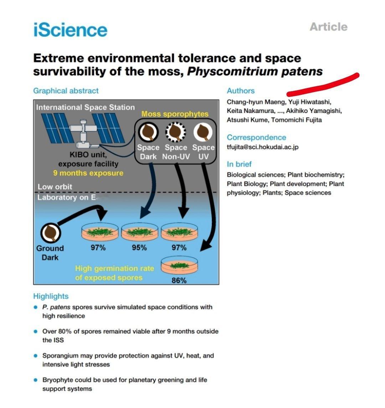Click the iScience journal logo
point(70,30)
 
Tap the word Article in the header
point(328,27)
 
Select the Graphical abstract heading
point(66,91)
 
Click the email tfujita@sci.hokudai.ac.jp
point(262,147)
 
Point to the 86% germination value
point(179,280)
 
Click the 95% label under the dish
point(139,248)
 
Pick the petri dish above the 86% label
point(179,266)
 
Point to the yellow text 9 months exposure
point(88,173)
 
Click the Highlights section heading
point(51,296)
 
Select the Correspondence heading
point(256,137)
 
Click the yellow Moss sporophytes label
point(175,114)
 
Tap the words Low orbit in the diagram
point(55,186)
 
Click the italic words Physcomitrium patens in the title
point(255,72)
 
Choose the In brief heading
point(239,164)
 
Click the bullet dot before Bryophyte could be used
point(35,380)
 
